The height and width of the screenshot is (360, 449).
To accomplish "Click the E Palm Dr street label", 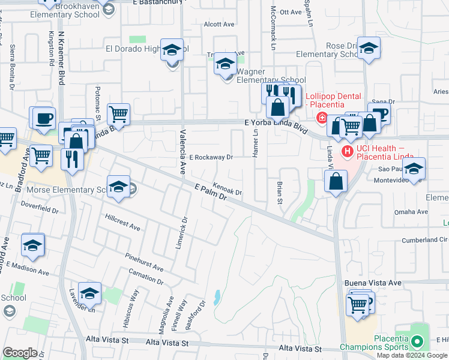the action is [211, 192].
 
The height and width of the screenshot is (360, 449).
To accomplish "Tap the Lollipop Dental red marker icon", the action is [322, 116].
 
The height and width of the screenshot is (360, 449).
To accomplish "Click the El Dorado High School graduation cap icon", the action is [173, 51].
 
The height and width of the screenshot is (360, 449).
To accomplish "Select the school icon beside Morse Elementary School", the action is [119, 187].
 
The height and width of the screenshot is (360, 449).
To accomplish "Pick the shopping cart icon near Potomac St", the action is [118, 113].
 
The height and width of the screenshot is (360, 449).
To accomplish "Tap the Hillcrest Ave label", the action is [122, 222].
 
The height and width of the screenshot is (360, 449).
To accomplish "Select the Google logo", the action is [20, 353].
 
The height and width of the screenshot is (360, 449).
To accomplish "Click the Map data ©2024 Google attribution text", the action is [412, 355].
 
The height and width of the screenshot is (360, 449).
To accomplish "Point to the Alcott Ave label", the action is [218, 25].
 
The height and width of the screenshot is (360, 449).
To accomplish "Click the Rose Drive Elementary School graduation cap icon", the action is [369, 49].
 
